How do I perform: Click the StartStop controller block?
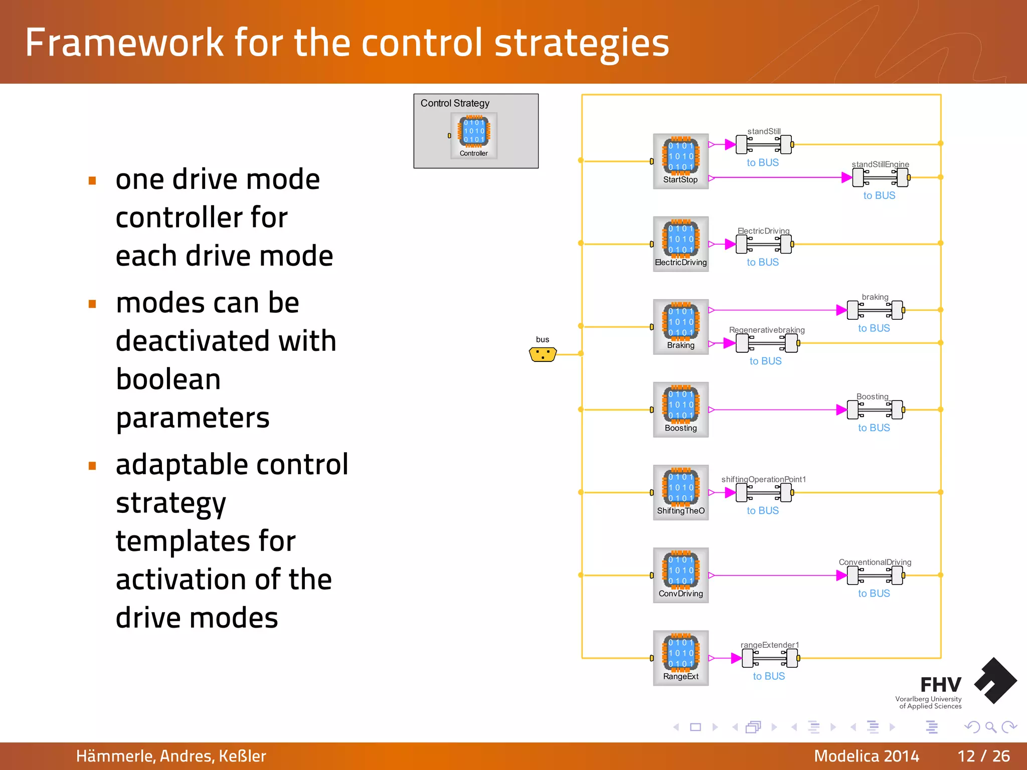coord(680,161)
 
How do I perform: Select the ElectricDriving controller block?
coord(680,244)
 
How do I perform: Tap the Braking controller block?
coord(680,326)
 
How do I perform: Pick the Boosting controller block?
coord(680,409)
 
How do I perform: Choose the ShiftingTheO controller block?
coord(680,492)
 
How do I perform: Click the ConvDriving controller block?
coord(680,574)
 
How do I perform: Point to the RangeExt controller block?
coord(680,657)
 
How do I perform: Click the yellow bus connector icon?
coord(543,354)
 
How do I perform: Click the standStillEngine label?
coord(880,164)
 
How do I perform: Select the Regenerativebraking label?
coord(767,330)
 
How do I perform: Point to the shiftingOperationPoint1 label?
coord(763,479)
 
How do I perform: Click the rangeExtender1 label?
coord(770,645)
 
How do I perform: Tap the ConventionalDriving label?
coord(875,562)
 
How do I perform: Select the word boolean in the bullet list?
coord(168,379)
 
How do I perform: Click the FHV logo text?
coord(940,685)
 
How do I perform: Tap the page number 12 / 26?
coord(983,756)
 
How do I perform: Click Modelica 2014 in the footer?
coord(866,756)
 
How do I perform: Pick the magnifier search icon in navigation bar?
coord(990,727)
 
